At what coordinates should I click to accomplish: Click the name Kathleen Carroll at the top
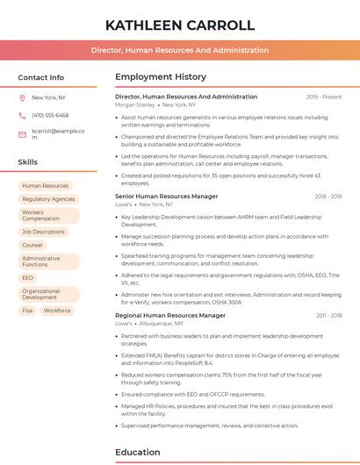(x=180, y=24)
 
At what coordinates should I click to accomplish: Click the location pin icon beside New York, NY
(x=22, y=97)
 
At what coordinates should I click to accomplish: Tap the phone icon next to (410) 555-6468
(x=22, y=115)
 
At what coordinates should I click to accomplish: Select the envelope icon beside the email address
(x=22, y=133)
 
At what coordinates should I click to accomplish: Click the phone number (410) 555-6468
(x=50, y=115)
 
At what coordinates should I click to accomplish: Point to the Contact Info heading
(x=41, y=77)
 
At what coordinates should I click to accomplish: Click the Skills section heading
(x=28, y=162)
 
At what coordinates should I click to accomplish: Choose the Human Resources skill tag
(x=45, y=186)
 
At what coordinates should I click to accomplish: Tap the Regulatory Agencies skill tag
(x=48, y=199)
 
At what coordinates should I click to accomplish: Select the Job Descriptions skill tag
(x=44, y=232)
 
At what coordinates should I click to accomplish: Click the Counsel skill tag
(x=32, y=245)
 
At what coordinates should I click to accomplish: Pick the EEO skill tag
(x=28, y=277)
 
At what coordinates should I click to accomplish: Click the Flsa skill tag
(x=27, y=310)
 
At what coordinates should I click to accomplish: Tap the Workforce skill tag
(x=57, y=310)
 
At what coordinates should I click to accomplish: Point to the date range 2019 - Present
(x=324, y=97)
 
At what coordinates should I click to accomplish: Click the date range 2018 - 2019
(x=328, y=197)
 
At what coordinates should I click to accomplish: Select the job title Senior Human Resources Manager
(x=167, y=197)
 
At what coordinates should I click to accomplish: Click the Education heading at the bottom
(x=138, y=453)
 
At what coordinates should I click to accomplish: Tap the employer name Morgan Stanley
(x=134, y=104)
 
